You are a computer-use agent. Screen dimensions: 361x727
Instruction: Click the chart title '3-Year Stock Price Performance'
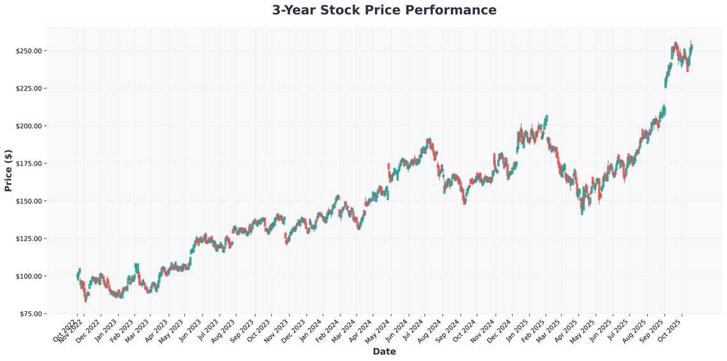point(384,10)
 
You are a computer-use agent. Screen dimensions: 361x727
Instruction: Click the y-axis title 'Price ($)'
point(8,170)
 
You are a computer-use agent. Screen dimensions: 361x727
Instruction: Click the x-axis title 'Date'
point(384,351)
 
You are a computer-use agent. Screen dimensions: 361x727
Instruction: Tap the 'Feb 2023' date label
point(122,328)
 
